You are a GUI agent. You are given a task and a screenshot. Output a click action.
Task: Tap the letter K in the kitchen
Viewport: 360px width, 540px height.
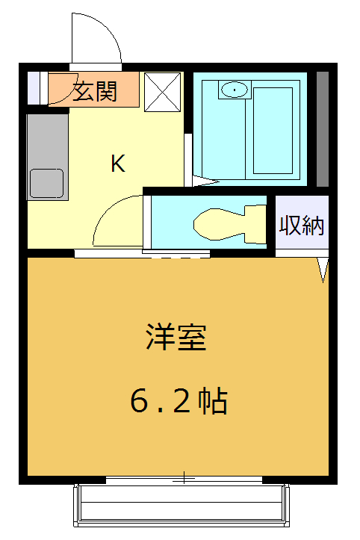tap(118, 164)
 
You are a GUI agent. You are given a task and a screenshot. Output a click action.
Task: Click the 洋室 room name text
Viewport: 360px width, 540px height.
tap(176, 338)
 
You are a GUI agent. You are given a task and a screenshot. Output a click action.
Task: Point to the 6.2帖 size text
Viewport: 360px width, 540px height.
tap(179, 402)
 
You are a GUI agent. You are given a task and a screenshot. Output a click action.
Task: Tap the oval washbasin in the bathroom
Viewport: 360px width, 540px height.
tap(235, 90)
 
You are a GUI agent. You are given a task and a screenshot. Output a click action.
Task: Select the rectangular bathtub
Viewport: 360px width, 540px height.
tap(272, 131)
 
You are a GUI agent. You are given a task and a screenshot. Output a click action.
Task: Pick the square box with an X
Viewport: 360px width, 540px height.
tap(162, 90)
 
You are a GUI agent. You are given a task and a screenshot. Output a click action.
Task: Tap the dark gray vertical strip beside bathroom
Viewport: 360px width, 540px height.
tap(323, 128)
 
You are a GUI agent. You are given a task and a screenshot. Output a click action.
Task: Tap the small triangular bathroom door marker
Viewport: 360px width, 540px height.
tap(202, 181)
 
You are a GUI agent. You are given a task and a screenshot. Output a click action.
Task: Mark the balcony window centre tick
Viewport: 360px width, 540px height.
tap(183, 479)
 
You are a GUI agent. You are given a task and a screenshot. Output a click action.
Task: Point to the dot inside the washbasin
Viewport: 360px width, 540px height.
tap(235, 90)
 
